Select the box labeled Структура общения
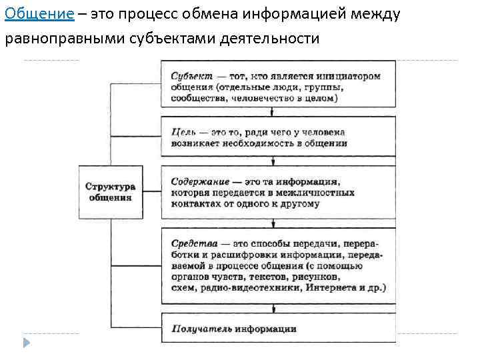(111, 192)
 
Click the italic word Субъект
(190, 76)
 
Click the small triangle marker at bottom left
(27, 343)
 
